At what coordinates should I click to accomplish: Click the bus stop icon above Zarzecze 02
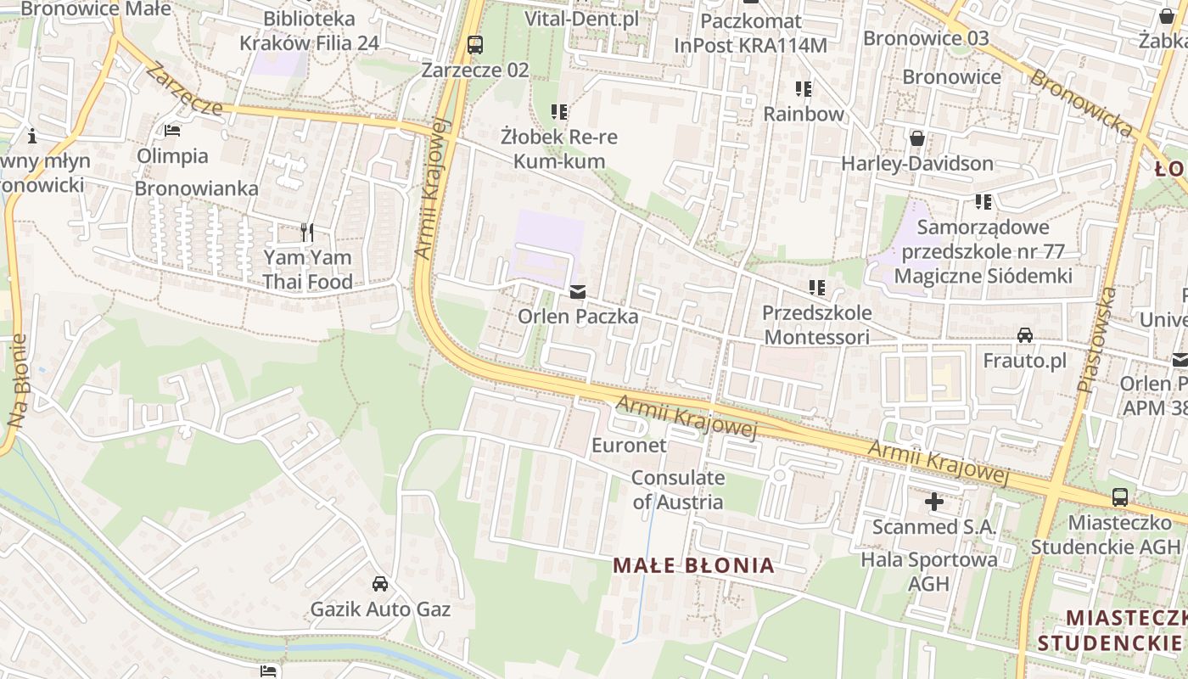(475, 44)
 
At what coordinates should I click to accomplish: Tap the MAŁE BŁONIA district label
(693, 565)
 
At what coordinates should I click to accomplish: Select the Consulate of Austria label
(677, 490)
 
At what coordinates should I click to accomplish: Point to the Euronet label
(629, 445)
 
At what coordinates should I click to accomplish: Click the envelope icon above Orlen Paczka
(578, 292)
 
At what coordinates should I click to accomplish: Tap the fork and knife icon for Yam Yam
(307, 232)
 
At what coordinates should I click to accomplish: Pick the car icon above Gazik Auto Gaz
(380, 584)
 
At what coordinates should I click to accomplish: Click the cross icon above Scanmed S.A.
(934, 502)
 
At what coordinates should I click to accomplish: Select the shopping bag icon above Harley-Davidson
(916, 137)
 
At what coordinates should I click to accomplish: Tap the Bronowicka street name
(1081, 103)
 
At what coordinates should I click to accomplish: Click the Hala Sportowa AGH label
(929, 572)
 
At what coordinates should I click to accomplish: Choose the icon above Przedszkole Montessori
(817, 288)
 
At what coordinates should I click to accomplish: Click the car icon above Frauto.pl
(1025, 335)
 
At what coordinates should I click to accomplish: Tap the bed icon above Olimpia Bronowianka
(172, 131)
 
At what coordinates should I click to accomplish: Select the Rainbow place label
(804, 114)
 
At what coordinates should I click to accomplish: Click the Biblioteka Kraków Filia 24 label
(308, 31)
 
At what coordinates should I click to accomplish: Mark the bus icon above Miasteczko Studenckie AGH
(1120, 497)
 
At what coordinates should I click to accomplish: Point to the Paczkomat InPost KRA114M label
(750, 33)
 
